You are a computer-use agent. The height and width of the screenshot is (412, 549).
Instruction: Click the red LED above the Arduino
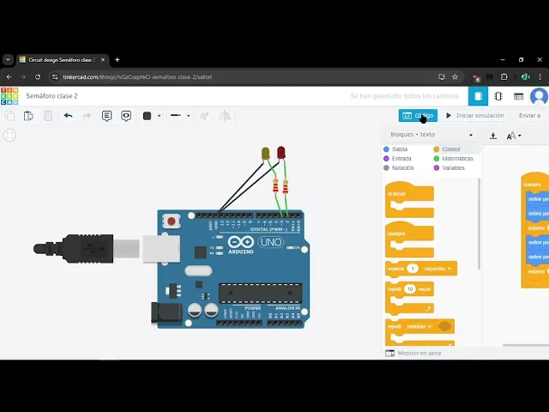click(281, 152)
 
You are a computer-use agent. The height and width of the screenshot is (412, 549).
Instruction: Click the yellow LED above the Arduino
click(265, 154)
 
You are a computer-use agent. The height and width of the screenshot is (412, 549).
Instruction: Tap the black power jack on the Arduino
click(166, 312)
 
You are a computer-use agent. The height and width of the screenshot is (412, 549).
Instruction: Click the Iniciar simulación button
click(474, 115)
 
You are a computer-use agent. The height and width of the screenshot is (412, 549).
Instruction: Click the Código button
click(418, 115)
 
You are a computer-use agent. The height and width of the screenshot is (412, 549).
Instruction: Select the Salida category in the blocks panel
click(399, 149)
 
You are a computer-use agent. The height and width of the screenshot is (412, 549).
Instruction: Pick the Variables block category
click(453, 168)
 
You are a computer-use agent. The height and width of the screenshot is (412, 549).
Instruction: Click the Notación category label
click(402, 168)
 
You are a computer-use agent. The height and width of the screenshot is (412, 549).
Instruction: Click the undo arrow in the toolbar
click(69, 116)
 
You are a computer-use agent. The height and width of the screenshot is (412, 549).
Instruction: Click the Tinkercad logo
click(9, 95)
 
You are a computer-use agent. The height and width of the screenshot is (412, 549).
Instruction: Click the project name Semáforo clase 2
click(51, 96)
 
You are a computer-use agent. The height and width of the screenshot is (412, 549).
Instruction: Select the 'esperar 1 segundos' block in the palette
click(420, 269)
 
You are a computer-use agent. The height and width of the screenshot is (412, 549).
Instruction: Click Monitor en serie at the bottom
click(419, 353)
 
